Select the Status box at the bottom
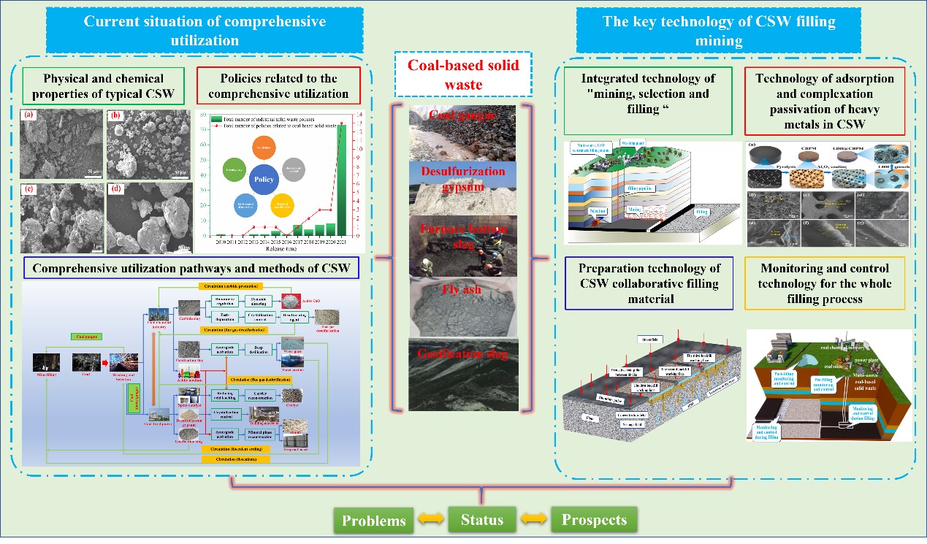click(x=482, y=520)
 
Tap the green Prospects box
click(x=593, y=521)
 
